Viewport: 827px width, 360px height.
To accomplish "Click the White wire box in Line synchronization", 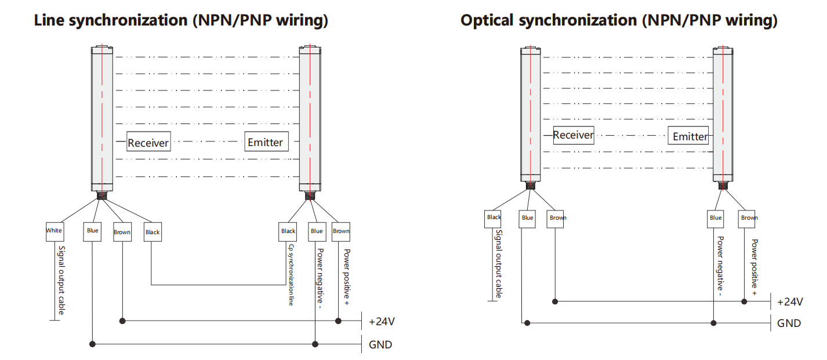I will click(x=54, y=231).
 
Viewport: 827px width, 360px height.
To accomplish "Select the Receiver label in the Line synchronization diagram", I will click(x=148, y=143).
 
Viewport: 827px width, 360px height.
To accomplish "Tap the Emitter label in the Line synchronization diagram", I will click(x=265, y=142).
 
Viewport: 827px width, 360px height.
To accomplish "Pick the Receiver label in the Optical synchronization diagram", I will click(x=574, y=135).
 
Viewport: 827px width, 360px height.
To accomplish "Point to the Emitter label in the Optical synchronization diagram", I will click(x=690, y=137).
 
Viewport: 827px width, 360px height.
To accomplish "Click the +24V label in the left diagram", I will click(x=382, y=321).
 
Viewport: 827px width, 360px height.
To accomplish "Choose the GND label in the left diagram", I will click(x=380, y=345).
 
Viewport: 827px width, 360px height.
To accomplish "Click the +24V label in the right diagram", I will click(x=790, y=301).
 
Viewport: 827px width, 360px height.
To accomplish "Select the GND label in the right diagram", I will click(x=789, y=323).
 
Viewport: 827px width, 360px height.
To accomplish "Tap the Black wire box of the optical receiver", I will click(x=494, y=218).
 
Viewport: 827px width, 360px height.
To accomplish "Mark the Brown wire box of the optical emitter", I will click(x=749, y=218).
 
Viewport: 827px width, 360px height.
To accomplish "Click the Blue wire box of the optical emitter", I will click(x=716, y=218).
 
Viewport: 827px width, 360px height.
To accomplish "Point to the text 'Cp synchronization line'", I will click(x=291, y=275).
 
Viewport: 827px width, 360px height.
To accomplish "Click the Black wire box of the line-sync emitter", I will click(x=288, y=231).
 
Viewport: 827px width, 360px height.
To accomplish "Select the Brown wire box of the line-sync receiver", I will click(x=122, y=232).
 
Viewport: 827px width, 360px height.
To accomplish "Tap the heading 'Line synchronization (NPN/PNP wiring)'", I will click(x=181, y=21).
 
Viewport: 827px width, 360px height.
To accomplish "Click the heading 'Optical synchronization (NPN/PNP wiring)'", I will click(x=619, y=21).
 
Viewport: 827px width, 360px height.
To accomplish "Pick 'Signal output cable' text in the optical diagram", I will click(x=498, y=264).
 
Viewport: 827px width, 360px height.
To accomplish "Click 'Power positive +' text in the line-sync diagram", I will click(x=346, y=277).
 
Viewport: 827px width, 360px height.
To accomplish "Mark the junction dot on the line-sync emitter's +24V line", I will click(x=339, y=321).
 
